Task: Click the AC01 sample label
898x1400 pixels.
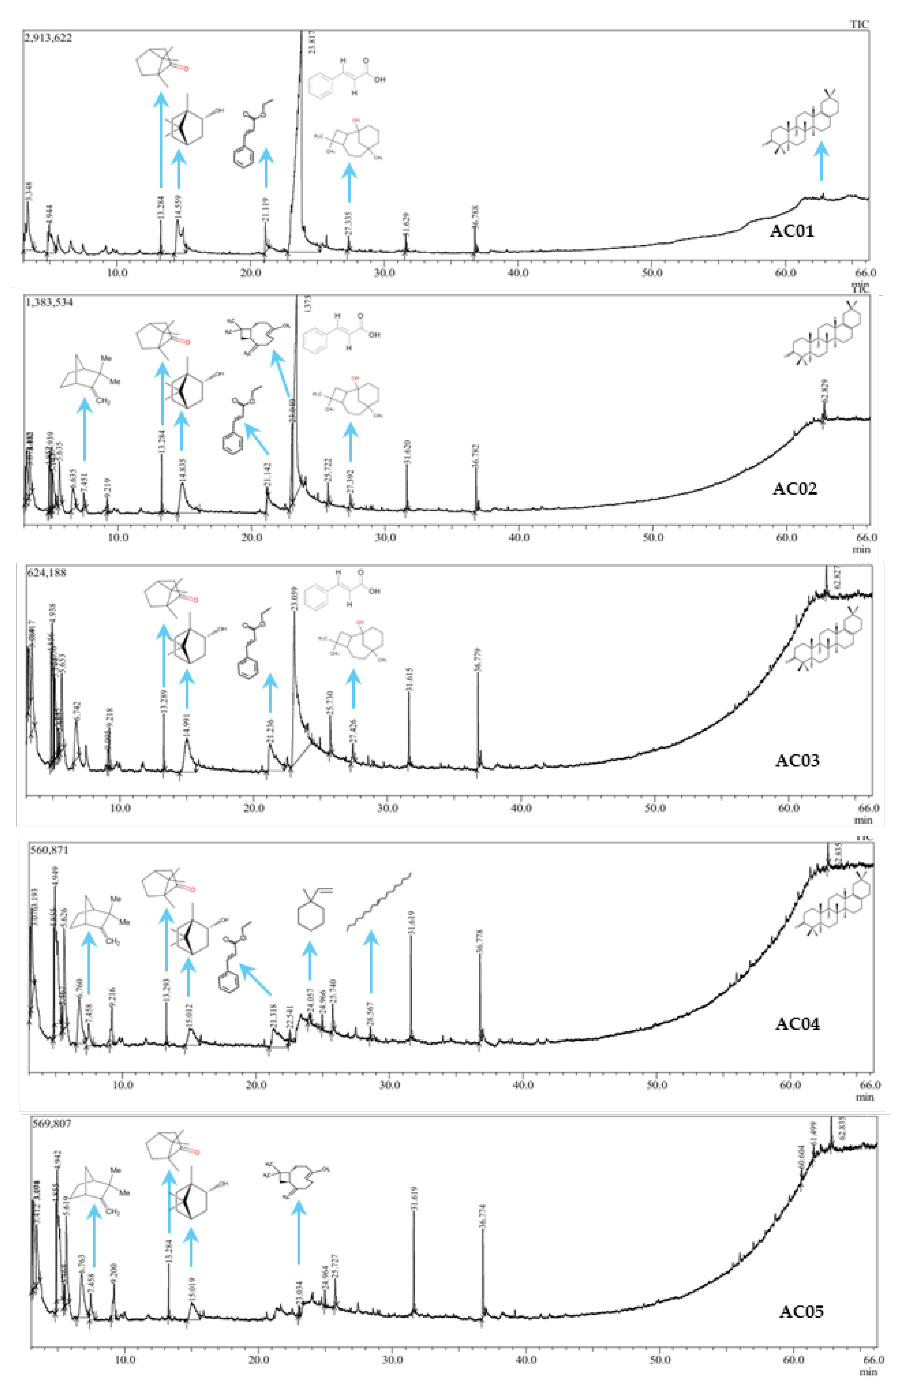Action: tap(791, 231)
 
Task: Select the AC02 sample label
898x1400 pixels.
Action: tap(794, 489)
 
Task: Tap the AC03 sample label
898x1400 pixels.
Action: tap(797, 760)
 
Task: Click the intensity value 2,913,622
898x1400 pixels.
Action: tap(48, 38)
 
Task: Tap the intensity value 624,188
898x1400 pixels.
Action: tap(47, 573)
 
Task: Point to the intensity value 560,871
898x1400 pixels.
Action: tap(50, 850)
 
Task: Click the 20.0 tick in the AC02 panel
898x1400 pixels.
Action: tap(251, 537)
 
